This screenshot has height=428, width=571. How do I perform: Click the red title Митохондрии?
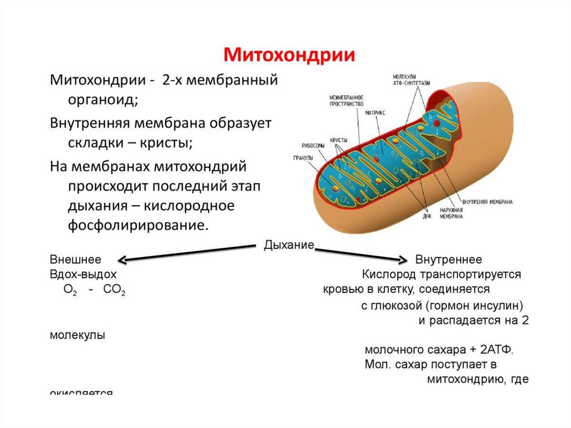(289, 55)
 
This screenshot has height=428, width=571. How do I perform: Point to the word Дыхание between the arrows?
(289, 246)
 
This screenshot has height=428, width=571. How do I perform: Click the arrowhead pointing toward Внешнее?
(122, 260)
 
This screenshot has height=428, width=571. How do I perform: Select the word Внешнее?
(75, 260)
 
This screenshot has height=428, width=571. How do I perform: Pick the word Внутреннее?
(449, 260)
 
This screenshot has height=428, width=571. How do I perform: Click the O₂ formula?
(70, 291)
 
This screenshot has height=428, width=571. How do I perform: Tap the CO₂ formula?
(114, 291)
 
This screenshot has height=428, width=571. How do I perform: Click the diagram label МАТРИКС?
(375, 112)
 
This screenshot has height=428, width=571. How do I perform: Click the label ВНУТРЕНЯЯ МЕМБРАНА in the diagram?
(487, 201)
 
